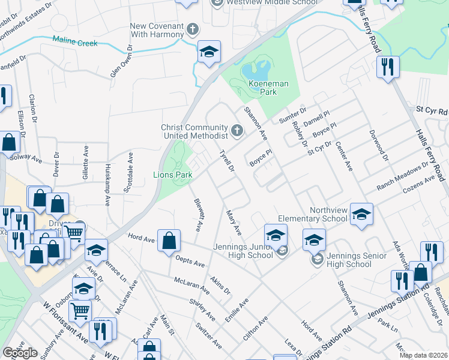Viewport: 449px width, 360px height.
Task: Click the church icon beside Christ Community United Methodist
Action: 238,130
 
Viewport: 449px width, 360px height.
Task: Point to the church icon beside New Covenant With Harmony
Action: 193,29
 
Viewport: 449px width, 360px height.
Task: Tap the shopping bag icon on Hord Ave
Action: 169,240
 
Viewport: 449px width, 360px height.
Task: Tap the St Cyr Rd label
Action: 432,112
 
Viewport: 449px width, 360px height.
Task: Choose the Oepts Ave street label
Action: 190,262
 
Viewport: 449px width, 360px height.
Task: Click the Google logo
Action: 20,353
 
